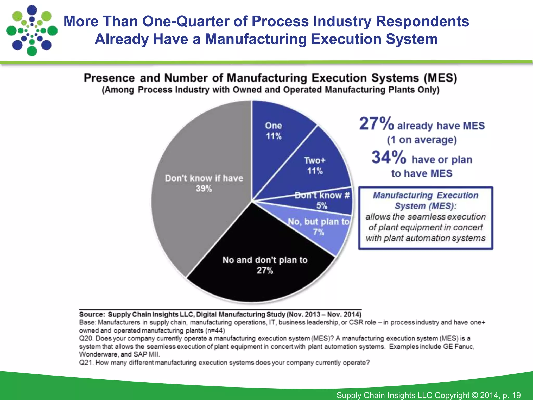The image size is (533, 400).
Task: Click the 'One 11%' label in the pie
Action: (274, 131)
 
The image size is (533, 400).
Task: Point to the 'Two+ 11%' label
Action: (315, 166)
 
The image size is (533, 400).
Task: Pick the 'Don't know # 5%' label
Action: (322, 200)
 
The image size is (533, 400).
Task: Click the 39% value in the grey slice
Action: (204, 189)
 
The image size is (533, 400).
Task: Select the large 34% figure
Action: (389, 157)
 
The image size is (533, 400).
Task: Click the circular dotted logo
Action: (32, 30)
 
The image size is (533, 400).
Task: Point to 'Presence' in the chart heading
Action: (109, 78)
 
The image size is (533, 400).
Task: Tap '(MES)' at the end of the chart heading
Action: (440, 78)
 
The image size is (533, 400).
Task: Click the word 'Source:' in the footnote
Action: (92, 314)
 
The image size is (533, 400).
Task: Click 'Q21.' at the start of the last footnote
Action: (86, 362)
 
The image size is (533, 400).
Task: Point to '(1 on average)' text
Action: (422, 140)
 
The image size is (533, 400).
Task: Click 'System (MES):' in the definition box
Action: (426, 206)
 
